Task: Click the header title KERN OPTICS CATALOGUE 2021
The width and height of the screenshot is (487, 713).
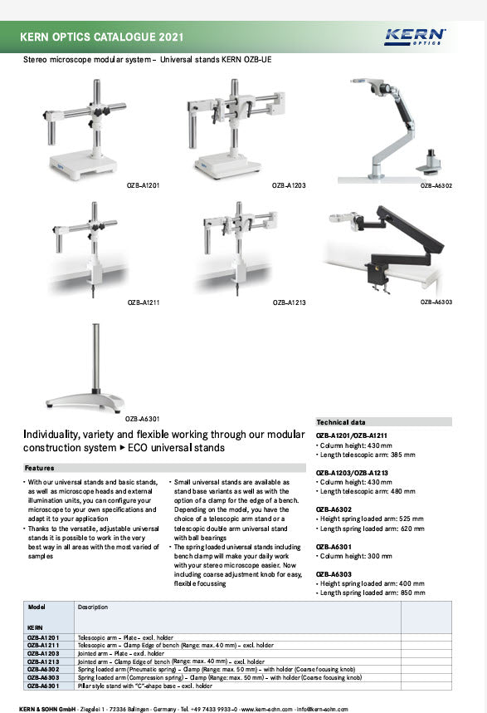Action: (x=102, y=37)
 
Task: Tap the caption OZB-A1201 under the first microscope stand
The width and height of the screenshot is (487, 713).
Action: (x=144, y=185)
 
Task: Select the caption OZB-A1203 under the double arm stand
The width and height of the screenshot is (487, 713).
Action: (x=289, y=185)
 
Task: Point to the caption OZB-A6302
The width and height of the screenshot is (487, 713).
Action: (x=436, y=188)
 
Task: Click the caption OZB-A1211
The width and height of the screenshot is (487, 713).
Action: (x=144, y=303)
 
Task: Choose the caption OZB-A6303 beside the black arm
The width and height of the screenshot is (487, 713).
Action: (x=436, y=302)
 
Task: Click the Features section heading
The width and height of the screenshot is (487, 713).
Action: (x=40, y=468)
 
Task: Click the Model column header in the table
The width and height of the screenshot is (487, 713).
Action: (x=37, y=607)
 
